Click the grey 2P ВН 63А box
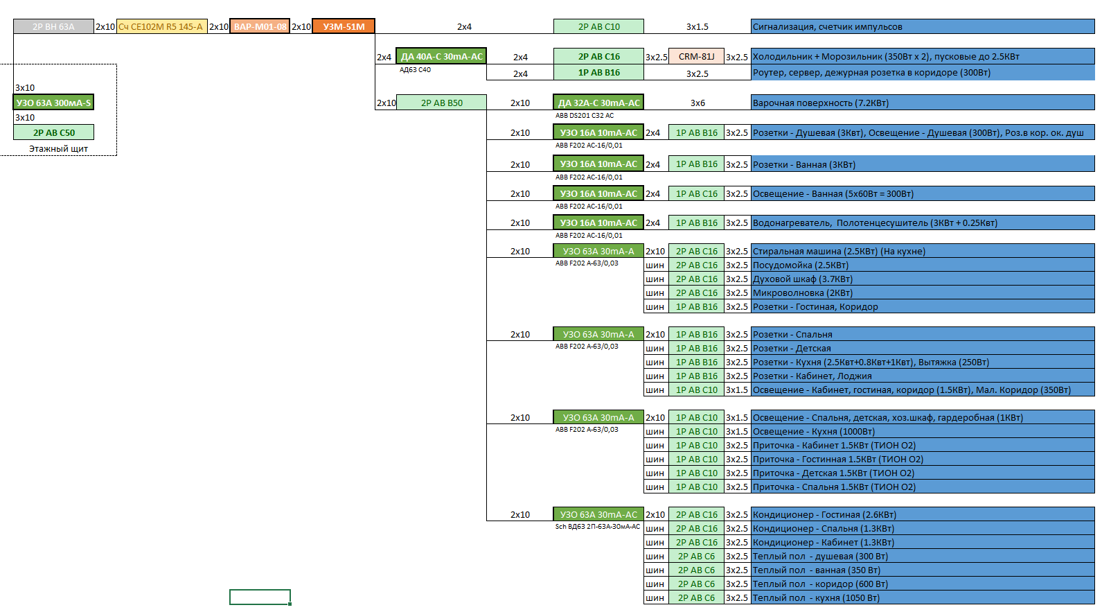(x=53, y=26)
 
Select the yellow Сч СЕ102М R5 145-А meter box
(x=162, y=26)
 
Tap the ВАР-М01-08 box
(x=260, y=26)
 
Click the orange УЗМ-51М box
(x=344, y=26)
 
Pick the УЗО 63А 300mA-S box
(x=53, y=103)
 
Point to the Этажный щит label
(x=59, y=148)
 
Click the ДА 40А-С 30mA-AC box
(x=441, y=56)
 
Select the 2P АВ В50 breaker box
(x=441, y=103)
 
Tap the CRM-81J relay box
(x=696, y=56)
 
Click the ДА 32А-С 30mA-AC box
(x=598, y=103)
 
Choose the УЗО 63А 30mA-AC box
(x=598, y=514)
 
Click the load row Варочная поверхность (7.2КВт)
(x=923, y=103)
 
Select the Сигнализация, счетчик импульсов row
(x=923, y=26)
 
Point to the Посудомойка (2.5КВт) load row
(x=923, y=265)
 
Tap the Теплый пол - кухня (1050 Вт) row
(x=923, y=597)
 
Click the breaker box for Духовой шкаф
(x=696, y=279)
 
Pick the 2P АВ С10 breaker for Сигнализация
(x=598, y=26)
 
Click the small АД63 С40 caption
(x=415, y=69)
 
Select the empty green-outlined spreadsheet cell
(x=260, y=597)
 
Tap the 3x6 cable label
(x=697, y=103)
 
